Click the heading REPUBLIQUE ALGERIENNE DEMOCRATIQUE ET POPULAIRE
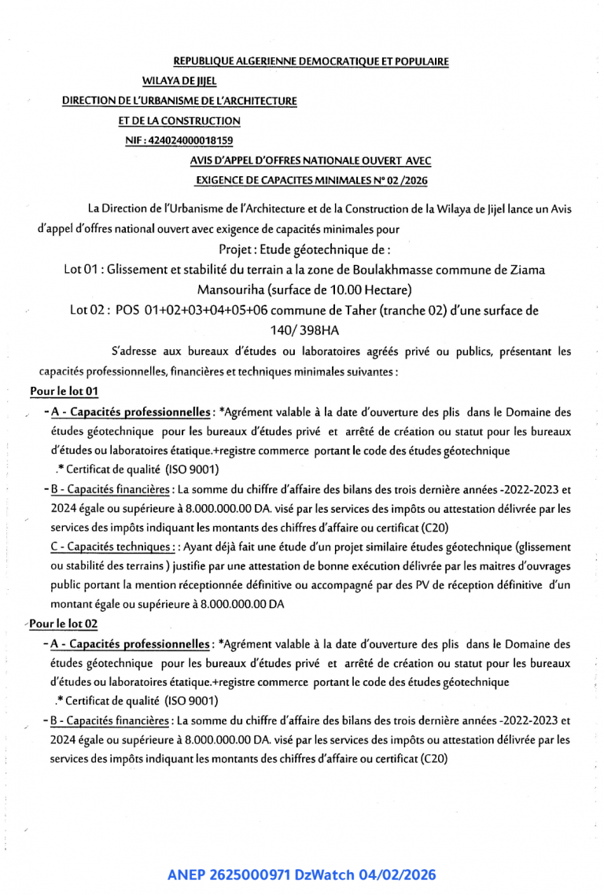click(311, 61)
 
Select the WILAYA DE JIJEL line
click(179, 81)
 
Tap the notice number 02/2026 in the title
click(403, 180)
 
